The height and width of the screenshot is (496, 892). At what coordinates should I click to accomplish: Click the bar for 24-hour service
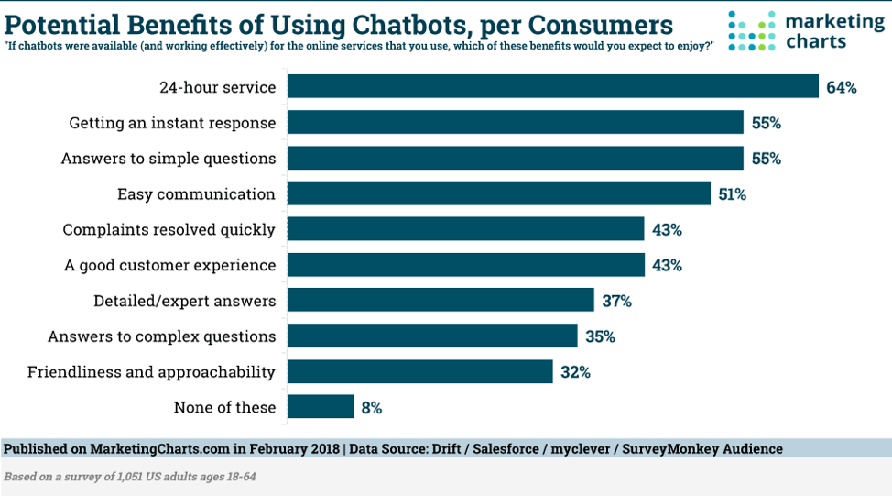tap(552, 87)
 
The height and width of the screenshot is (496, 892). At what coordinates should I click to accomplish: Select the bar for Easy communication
tap(499, 193)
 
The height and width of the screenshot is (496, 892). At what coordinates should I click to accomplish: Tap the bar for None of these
tap(321, 407)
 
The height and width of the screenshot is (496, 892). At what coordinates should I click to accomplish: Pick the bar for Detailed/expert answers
tap(441, 301)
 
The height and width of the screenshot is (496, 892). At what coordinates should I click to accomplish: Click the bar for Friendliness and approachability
tap(420, 371)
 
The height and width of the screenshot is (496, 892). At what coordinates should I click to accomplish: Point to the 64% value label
tap(841, 88)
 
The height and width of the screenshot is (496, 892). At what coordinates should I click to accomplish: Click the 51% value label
tap(733, 194)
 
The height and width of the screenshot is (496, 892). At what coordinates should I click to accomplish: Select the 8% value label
tap(371, 407)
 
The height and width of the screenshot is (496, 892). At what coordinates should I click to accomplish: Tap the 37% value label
tap(617, 301)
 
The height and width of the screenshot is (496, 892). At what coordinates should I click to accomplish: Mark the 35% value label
tap(600, 336)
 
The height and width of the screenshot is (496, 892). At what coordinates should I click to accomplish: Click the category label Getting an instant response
tap(172, 123)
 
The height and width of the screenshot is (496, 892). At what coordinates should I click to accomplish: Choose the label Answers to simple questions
tap(169, 159)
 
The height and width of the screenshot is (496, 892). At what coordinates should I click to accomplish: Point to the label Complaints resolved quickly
tap(169, 229)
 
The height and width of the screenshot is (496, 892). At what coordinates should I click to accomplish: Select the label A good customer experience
tap(169, 265)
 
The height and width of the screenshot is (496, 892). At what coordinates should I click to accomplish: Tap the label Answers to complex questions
tap(161, 336)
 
